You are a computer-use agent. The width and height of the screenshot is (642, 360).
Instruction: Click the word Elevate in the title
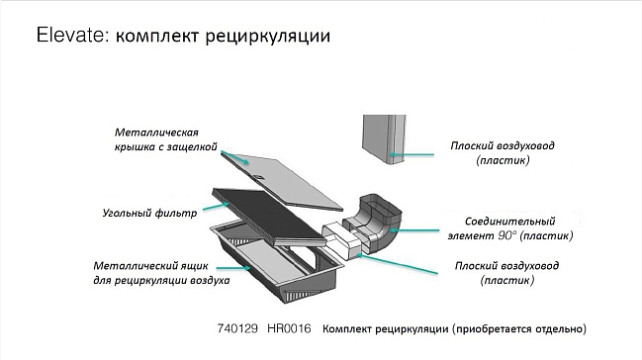pos(71,36)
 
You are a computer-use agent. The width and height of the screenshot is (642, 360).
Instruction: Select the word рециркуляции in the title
pos(267,37)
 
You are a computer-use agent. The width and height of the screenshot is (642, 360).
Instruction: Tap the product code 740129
pos(237,328)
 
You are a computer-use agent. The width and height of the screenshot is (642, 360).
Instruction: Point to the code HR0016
pos(289,328)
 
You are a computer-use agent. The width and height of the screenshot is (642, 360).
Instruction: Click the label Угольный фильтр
pos(149,213)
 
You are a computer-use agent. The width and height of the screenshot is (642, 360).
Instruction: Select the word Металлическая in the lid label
pos(156,133)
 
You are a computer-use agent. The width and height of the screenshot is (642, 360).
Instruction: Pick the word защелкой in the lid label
pos(192,146)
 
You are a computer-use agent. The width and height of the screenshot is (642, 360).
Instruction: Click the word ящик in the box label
pos(194,266)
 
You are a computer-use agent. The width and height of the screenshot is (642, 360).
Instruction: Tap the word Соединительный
pos(509,222)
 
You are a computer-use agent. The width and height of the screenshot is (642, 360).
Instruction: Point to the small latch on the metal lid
pos(259,177)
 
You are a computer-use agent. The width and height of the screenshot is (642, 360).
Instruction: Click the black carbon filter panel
pos(268,217)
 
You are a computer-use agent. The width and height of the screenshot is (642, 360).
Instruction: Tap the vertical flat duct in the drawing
pos(384,139)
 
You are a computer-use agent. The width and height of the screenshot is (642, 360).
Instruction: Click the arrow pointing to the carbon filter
pos(216,207)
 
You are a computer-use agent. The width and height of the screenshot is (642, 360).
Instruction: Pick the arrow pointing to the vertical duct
pos(412,155)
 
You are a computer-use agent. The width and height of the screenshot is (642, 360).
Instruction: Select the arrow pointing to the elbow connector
pos(413,230)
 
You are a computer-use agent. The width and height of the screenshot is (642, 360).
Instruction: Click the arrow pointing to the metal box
pos(233,268)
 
